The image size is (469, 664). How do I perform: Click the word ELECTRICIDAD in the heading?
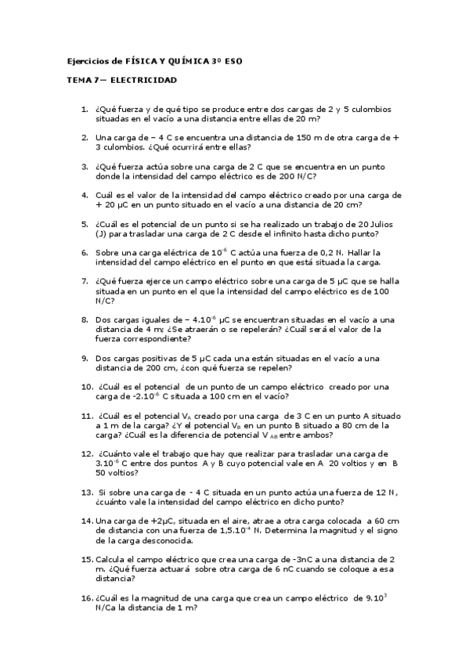(144, 80)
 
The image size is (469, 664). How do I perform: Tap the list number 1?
(85, 109)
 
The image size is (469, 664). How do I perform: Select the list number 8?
(85, 319)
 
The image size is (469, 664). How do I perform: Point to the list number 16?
(87, 597)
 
